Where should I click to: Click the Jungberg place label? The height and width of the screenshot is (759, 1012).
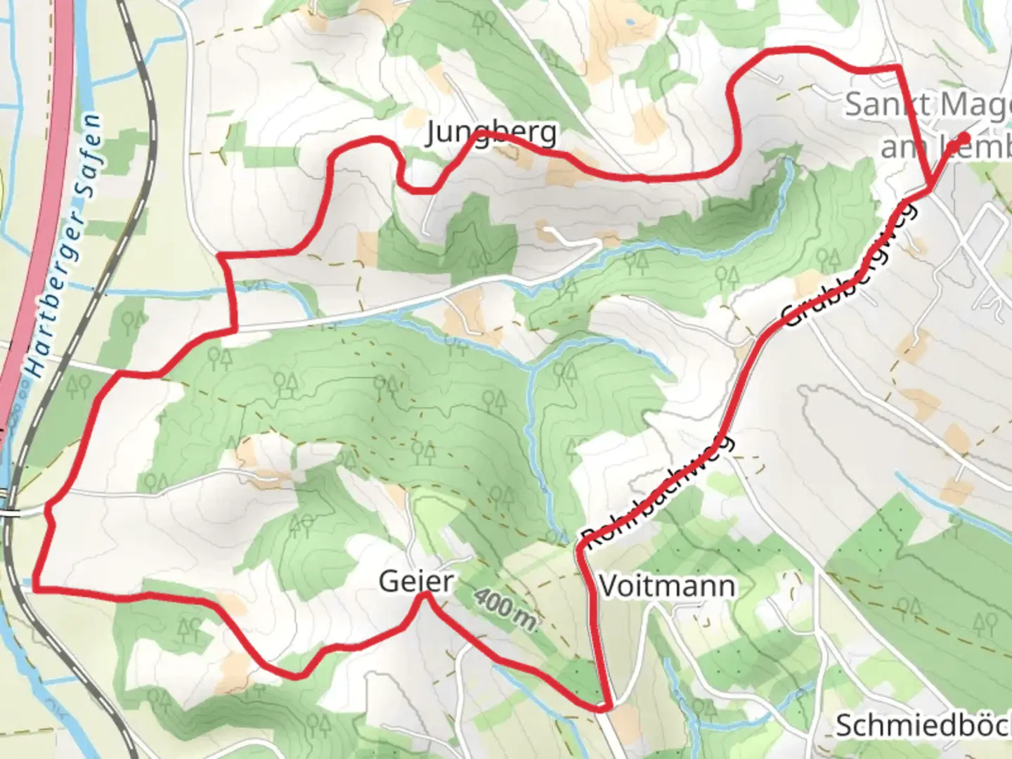click(x=491, y=133)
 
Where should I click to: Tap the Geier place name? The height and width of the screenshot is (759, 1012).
click(x=415, y=582)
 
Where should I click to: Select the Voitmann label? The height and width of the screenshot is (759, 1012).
click(x=667, y=585)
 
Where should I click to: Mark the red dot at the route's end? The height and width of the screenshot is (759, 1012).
click(x=964, y=138)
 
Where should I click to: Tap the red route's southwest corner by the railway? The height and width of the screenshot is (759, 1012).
click(x=35, y=587)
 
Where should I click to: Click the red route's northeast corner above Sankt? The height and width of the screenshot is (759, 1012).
click(x=898, y=67)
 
